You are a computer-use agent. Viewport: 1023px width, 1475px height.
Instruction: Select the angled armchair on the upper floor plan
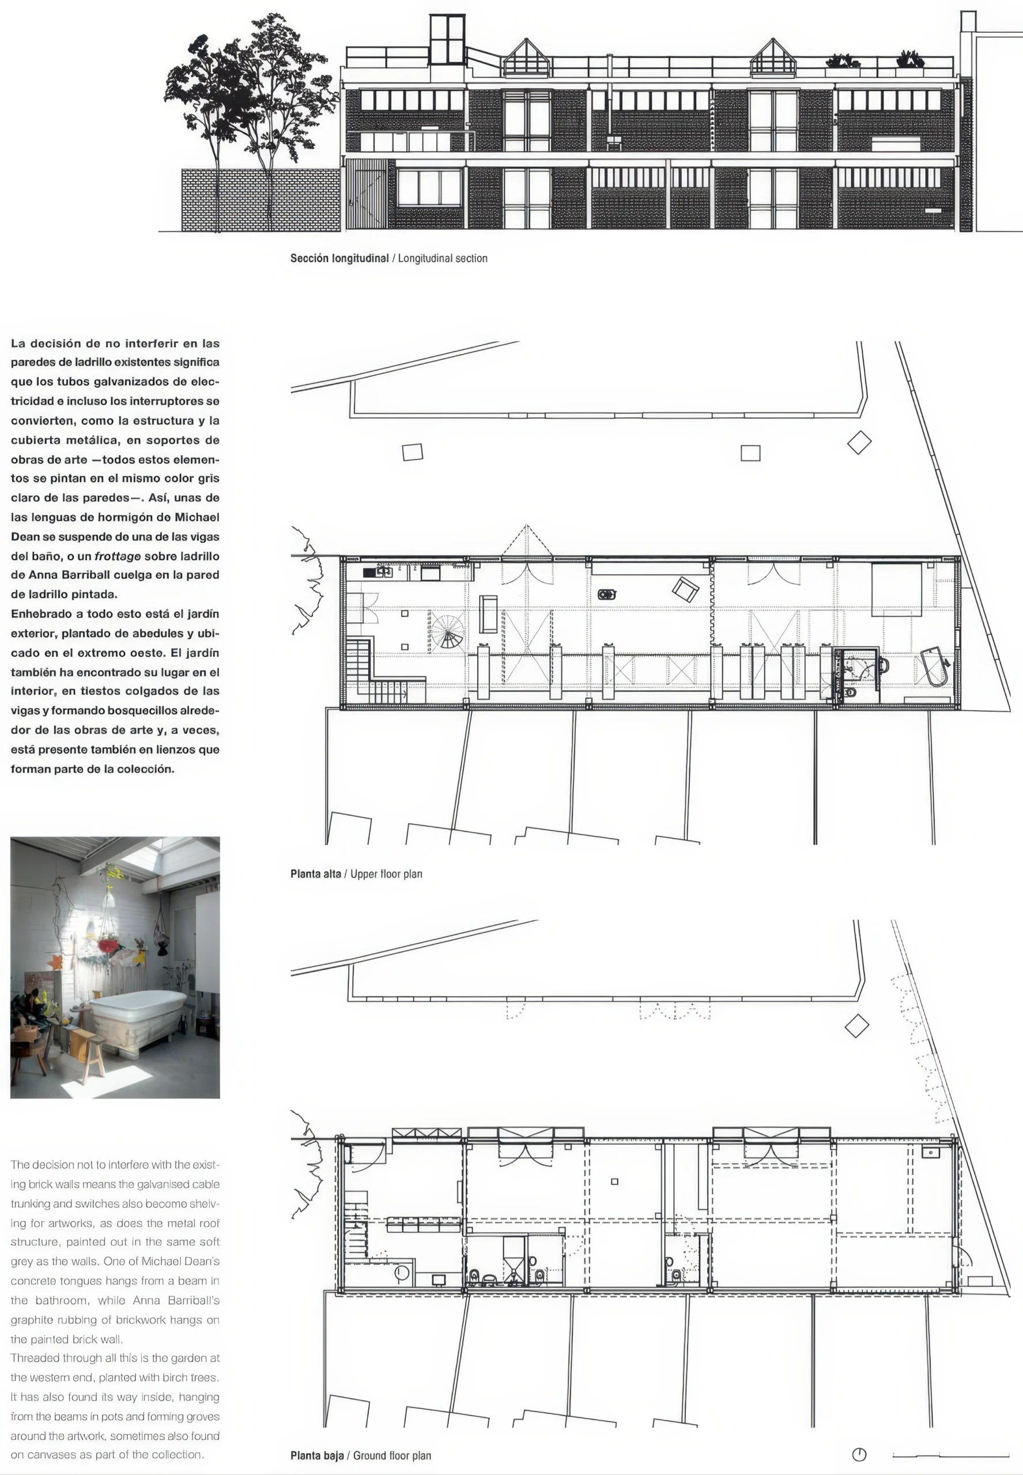pyautogui.click(x=685, y=589)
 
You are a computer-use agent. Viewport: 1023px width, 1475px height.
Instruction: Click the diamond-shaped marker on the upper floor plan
pyautogui.click(x=859, y=442)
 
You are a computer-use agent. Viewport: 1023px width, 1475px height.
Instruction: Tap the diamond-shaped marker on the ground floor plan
pyautogui.click(x=856, y=1026)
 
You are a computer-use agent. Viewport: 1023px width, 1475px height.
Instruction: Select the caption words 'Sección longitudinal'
pyautogui.click(x=339, y=258)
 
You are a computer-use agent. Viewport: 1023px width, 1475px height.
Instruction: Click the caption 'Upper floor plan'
pyautogui.click(x=386, y=874)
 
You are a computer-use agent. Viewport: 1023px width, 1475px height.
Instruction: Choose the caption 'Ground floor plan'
pyautogui.click(x=392, y=1456)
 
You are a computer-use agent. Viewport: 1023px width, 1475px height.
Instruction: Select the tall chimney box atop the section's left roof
pyautogui.click(x=447, y=40)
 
